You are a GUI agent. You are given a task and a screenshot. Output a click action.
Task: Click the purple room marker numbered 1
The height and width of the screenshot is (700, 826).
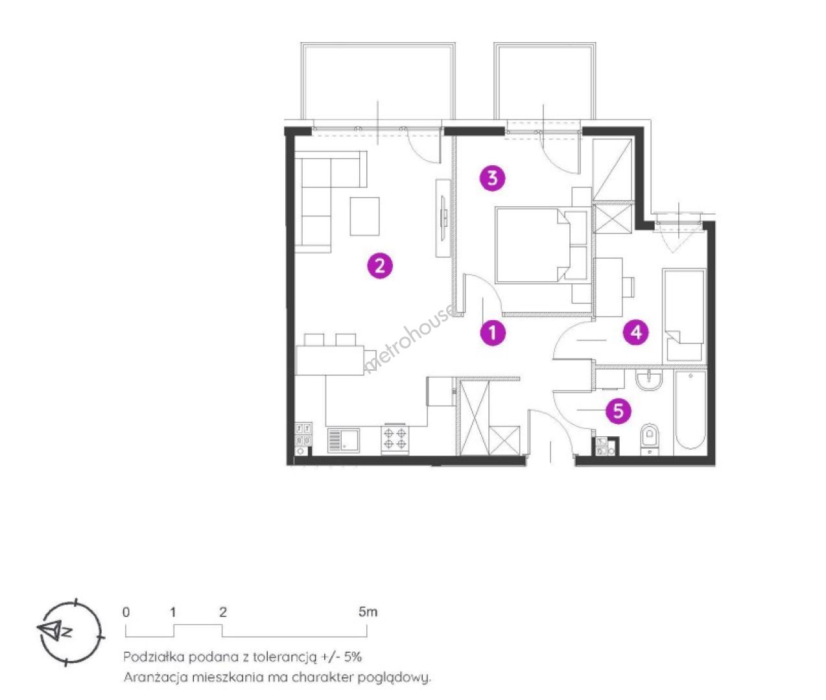pos(493,332)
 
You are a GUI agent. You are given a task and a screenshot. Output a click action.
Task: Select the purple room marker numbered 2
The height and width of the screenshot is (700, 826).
pos(380,266)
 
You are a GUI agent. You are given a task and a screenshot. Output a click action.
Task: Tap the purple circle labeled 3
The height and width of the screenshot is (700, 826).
pos(493,178)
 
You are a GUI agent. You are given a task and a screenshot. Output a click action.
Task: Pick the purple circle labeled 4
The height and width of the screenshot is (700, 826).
pos(636,332)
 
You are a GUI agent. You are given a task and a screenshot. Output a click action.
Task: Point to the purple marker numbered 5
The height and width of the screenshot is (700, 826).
pos(618,410)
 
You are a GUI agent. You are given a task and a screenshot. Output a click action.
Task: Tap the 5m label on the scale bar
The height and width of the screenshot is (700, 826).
pos(368,612)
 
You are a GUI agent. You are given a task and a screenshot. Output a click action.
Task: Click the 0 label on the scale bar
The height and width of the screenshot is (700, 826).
pos(126,612)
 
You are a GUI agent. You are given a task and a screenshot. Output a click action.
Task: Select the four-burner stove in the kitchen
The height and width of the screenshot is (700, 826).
pos(395,438)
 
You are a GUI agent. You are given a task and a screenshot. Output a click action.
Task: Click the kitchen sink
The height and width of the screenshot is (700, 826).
pos(343,440)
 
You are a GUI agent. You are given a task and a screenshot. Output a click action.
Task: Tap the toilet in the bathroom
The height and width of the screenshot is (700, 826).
pos(651,439)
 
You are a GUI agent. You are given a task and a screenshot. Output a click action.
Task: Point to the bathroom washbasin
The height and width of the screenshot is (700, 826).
pos(650,380)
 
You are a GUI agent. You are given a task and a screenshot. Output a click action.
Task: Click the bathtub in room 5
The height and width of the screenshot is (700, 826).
pos(690,412)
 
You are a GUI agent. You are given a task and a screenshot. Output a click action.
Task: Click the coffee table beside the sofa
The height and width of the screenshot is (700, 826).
pos(365,216)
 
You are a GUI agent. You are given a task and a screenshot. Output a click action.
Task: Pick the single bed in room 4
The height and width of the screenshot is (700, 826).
pos(683,315)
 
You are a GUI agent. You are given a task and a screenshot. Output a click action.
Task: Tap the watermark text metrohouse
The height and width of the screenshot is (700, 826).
pos(410,340)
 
